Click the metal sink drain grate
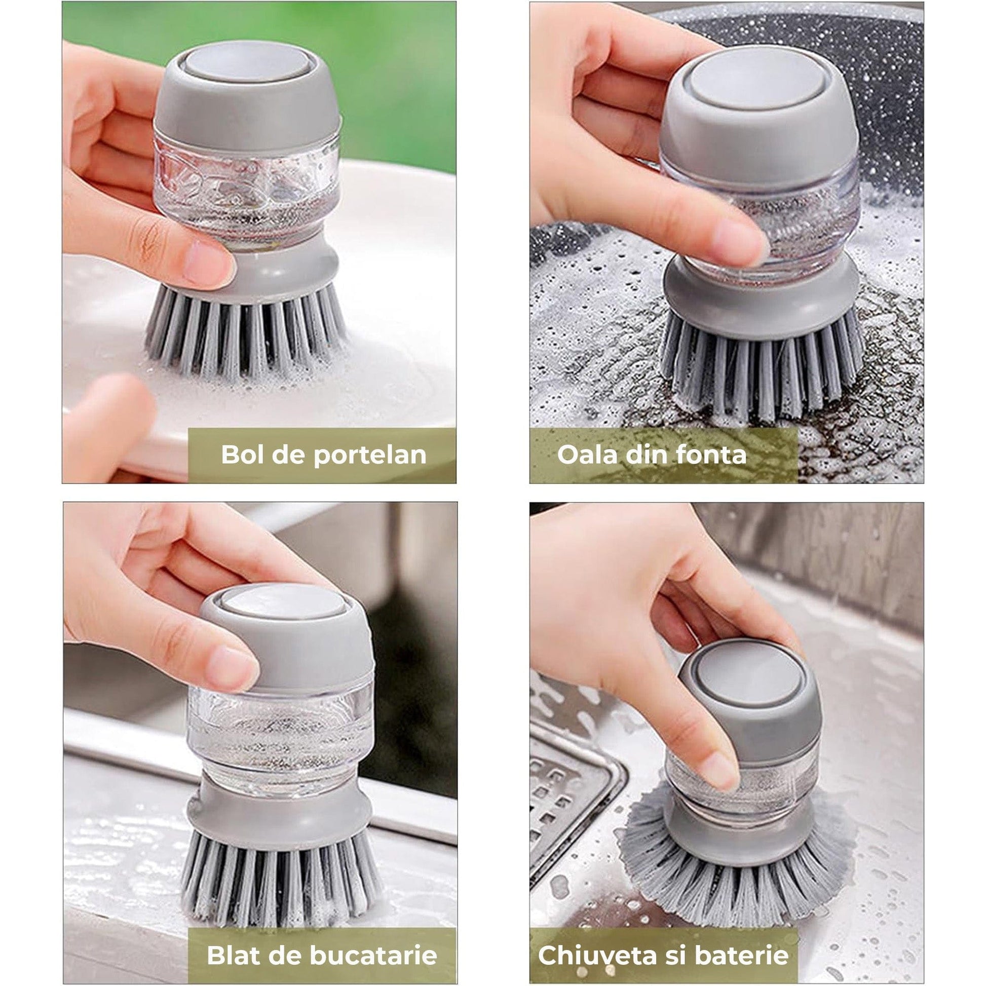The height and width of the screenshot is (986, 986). tap(572, 796)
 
